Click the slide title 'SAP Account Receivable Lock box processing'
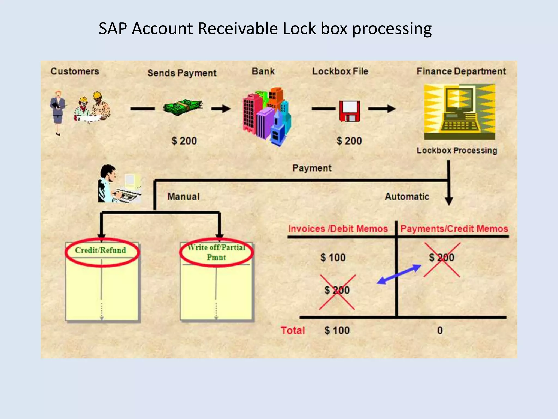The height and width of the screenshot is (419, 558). pos(265,28)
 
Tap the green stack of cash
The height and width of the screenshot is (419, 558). pos(183,107)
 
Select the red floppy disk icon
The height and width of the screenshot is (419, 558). pos(349,111)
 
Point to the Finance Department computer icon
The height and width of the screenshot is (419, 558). pos(459,112)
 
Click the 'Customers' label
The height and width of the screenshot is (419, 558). pos(75,71)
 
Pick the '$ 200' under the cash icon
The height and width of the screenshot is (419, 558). pos(184,141)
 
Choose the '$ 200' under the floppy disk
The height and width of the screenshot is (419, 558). pos(349,141)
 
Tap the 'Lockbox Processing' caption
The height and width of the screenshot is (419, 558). pos(457,150)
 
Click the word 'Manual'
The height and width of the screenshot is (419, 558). pos(183,196)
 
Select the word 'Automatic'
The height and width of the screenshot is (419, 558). pos(407,196)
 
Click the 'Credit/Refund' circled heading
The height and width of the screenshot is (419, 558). pos(101,250)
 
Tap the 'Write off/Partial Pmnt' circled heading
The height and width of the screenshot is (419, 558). pos(216,252)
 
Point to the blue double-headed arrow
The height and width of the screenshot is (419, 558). pos(399,274)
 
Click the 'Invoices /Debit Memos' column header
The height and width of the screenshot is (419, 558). pos(338,229)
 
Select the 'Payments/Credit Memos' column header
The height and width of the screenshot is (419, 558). pos(454,229)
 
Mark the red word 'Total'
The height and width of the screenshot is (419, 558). pos(293,330)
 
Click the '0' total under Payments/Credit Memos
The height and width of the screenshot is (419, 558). pos(440,330)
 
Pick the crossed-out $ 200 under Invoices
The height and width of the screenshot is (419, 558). pos(337,290)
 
